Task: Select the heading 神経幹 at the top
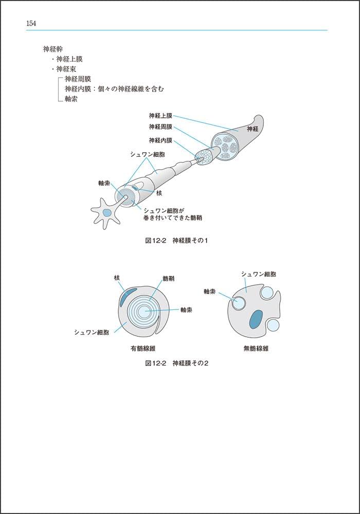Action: (52, 50)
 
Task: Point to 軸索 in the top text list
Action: (71, 99)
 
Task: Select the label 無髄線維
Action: (256, 348)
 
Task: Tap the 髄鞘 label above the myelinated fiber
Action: (168, 278)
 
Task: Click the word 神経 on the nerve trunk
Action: (253, 128)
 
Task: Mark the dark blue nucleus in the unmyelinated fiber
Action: (256, 319)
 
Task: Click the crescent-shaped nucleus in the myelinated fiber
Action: (128, 297)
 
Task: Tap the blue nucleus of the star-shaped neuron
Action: (106, 213)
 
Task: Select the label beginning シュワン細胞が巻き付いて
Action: (172, 214)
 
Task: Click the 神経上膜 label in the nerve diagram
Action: (160, 116)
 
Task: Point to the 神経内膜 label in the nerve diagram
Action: (160, 140)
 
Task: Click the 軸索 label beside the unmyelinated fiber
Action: (209, 291)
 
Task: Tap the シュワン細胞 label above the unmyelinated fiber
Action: (262, 274)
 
